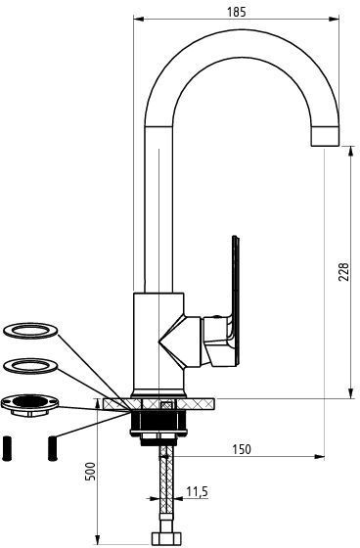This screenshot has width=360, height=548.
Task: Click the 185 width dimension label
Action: pyautogui.click(x=237, y=12)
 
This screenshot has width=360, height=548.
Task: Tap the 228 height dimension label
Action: pyautogui.click(x=343, y=272)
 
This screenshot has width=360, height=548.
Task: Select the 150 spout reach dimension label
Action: pyautogui.click(x=242, y=449)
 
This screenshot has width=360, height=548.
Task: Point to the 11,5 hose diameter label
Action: pyautogui.click(x=198, y=491)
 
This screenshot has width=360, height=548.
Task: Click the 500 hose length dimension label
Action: pyautogui.click(x=91, y=471)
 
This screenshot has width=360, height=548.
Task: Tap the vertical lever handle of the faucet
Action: pyautogui.click(x=236, y=301)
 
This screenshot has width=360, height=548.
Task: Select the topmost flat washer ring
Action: pyautogui.click(x=30, y=331)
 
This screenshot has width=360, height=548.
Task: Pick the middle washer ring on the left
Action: pyautogui.click(x=30, y=366)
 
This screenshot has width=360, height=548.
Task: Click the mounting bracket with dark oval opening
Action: pyautogui.click(x=30, y=405)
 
